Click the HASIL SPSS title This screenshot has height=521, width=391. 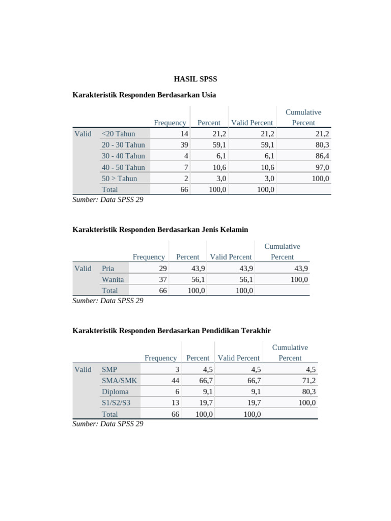tap(195, 79)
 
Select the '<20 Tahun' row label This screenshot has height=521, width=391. tap(119, 134)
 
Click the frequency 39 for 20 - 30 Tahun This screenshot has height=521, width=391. tap(183, 145)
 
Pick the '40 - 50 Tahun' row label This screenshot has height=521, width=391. tap(123, 167)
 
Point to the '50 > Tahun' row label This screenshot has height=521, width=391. tap(119, 179)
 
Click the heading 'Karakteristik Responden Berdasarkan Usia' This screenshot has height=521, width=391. tap(144, 95)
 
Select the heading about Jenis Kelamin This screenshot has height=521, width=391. tap(160, 229)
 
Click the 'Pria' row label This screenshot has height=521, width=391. tap(108, 269)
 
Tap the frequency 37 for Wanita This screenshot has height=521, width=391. tap(162, 279)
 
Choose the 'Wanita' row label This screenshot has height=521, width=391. tap(113, 279)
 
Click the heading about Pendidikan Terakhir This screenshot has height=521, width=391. tap(172, 331)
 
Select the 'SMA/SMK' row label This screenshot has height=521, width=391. tap(119, 381)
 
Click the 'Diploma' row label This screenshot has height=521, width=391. tap(115, 392)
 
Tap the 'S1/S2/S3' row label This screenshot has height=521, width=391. tap(116, 403)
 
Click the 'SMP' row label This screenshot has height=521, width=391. tap(110, 369)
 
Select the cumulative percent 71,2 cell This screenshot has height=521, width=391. tap(308, 381)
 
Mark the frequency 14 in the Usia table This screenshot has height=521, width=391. tap(184, 134)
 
